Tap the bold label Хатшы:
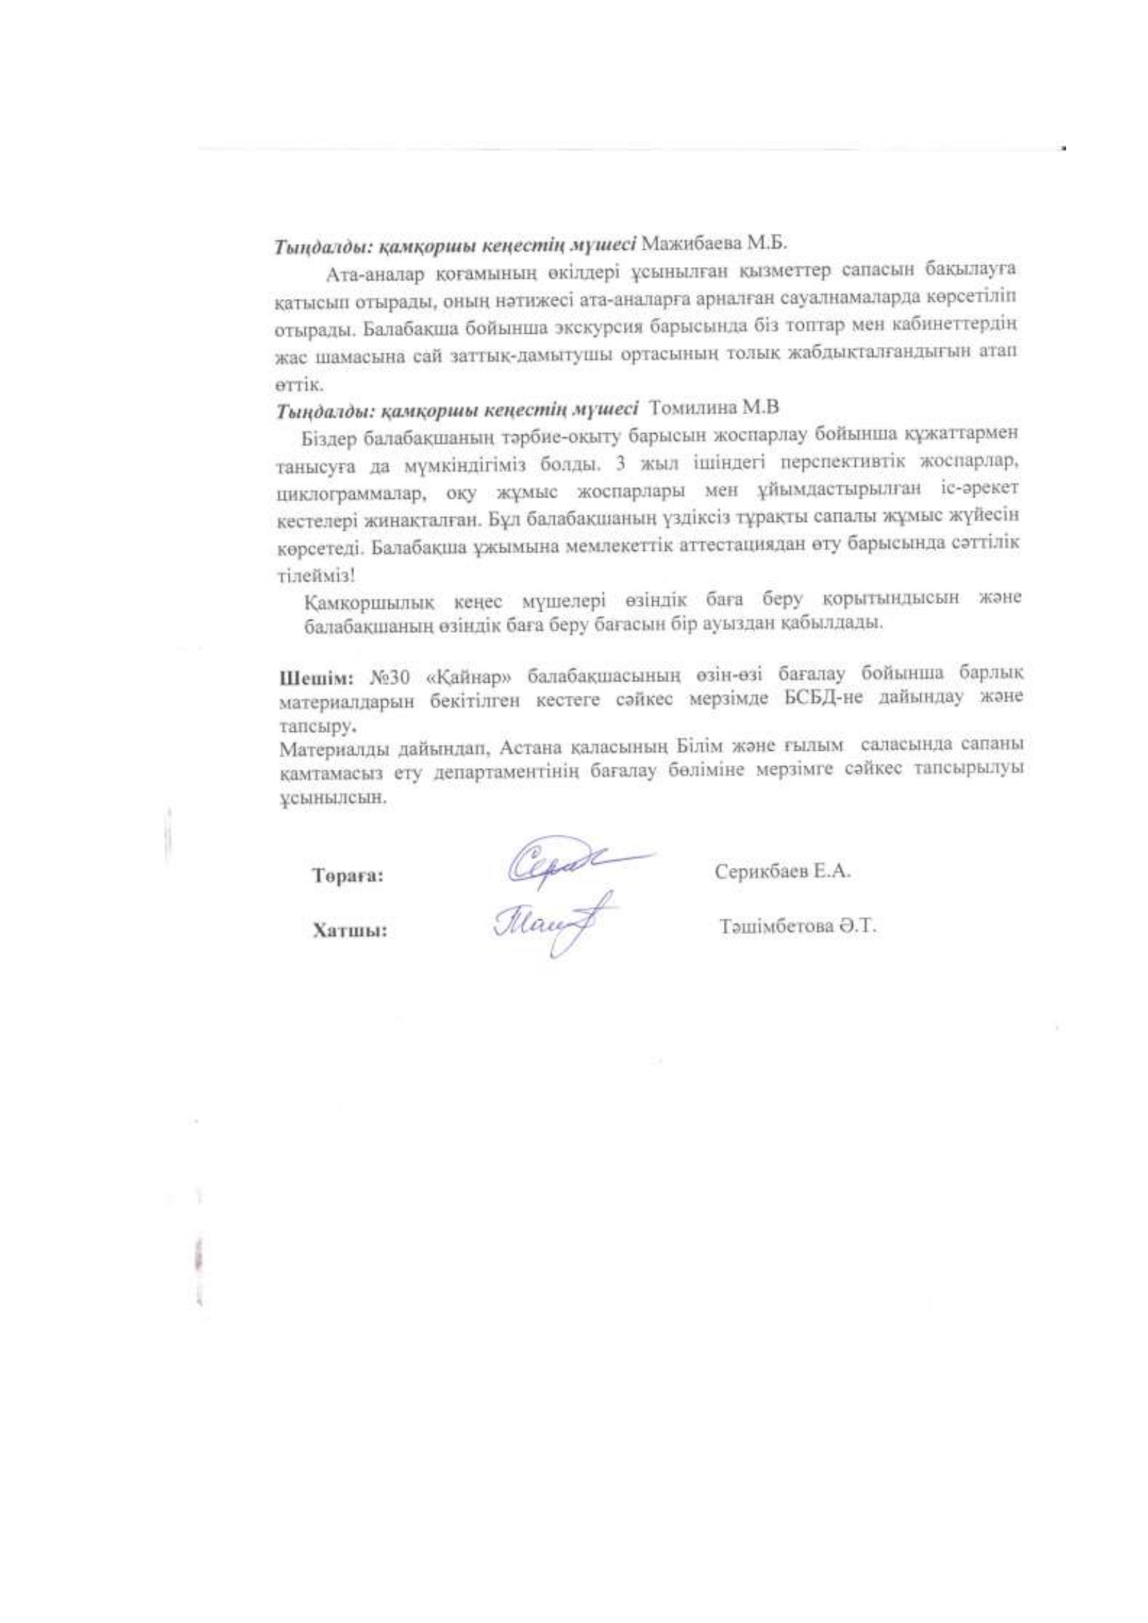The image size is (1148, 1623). point(349,932)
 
